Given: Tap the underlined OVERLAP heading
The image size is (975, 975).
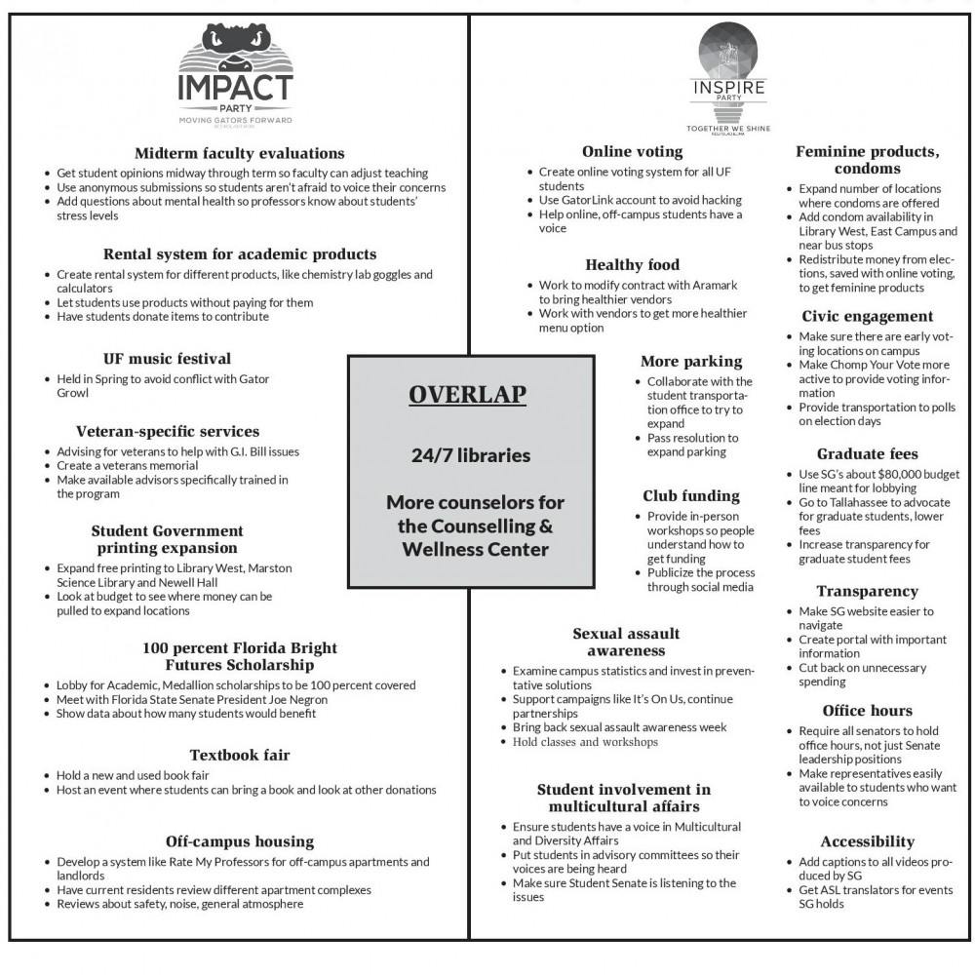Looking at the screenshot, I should (x=467, y=395).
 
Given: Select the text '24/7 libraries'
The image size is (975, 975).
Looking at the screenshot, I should (x=471, y=455).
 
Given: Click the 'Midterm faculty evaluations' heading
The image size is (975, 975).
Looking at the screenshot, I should (x=239, y=153).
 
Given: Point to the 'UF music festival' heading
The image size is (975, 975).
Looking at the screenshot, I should (x=167, y=359).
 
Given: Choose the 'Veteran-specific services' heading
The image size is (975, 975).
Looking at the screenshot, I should (x=168, y=431).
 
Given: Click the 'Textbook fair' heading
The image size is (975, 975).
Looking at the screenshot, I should (x=240, y=755).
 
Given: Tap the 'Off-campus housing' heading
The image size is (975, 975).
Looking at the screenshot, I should (x=239, y=841).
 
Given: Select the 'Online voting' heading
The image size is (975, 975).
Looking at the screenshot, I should (x=632, y=152).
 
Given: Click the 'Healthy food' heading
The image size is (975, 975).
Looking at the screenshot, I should (x=632, y=264).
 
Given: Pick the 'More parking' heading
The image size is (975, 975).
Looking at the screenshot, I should (x=691, y=362).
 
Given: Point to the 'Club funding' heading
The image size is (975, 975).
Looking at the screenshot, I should (x=691, y=495).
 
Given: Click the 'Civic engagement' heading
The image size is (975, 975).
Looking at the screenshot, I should (x=867, y=316).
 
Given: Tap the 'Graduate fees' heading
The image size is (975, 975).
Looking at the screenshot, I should (x=867, y=453).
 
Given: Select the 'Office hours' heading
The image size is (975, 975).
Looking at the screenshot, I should (x=867, y=710).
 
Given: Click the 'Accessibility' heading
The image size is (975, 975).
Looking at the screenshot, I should (x=867, y=841).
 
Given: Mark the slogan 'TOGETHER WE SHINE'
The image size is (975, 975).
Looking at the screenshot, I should (x=728, y=129).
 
